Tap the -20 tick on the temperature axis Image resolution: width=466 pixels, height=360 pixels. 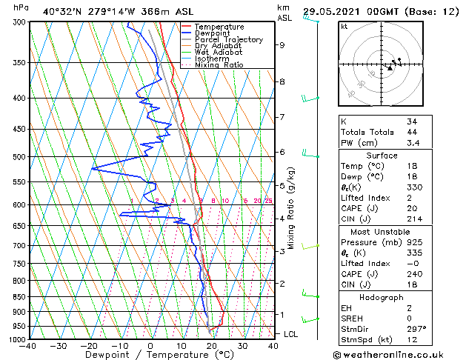[x=89, y=346]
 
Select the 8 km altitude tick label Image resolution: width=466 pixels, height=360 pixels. [x=282, y=81]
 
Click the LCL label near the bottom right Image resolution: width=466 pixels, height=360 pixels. [x=291, y=334]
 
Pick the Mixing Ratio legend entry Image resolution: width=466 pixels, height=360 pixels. [x=219, y=65]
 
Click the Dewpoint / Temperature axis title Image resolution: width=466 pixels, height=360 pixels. [x=150, y=355]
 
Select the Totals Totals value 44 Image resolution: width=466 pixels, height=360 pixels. [x=412, y=131]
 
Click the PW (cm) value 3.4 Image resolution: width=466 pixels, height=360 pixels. [x=412, y=143]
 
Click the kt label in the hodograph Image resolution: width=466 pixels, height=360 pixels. [x=344, y=27]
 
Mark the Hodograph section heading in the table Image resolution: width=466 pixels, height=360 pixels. [x=382, y=297]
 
